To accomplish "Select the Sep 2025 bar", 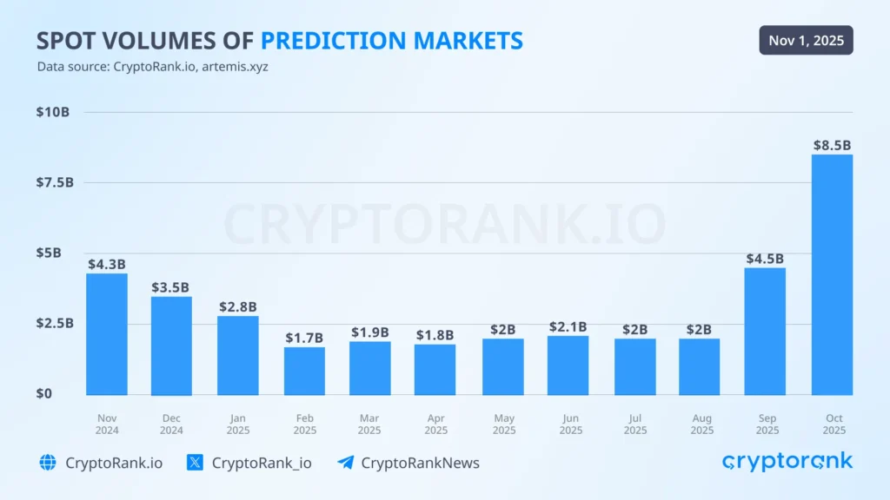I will [765, 331].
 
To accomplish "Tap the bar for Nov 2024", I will [107, 334].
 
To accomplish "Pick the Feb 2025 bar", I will [304, 371].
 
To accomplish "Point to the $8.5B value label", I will [832, 146].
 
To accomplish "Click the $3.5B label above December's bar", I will [170, 287].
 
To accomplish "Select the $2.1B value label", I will [568, 326].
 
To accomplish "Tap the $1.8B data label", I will [434, 335].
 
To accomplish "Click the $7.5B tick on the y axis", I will [55, 182].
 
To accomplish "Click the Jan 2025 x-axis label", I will [237, 424].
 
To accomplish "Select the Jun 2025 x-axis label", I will [570, 424].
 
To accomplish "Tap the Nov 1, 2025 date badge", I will [806, 40].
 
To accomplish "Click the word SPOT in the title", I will [68, 40].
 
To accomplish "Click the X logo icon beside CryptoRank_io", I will [196, 463].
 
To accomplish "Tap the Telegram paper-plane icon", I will [345, 463].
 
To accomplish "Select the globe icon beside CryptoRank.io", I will [48, 463].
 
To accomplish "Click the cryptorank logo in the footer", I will [787, 462].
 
